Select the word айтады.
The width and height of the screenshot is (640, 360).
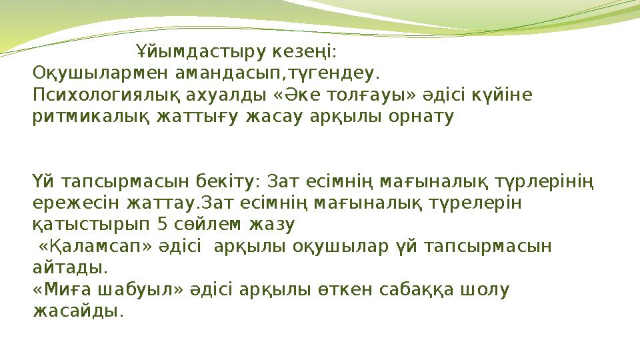point(70,268)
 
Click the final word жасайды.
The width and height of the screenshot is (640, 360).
point(77,311)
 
